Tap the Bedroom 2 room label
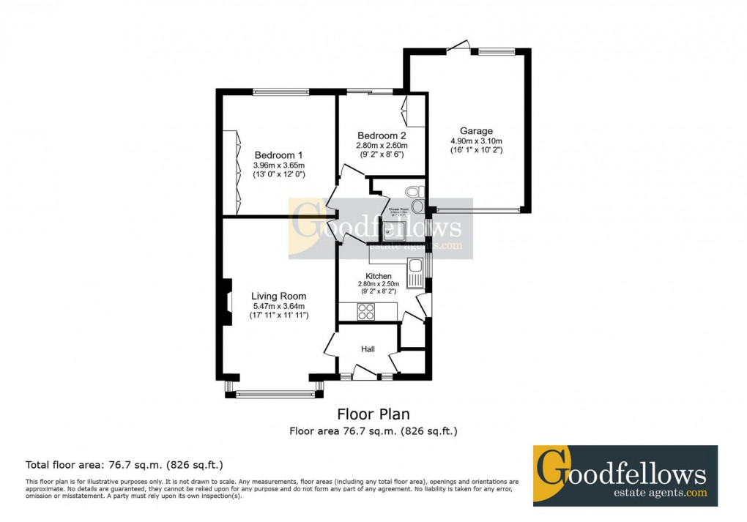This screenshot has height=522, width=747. (x=382, y=135)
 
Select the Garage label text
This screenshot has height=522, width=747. (x=476, y=131)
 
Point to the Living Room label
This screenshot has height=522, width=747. (x=278, y=297)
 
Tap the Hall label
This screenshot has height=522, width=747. (x=368, y=349)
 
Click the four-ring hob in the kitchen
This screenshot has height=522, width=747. (x=365, y=312)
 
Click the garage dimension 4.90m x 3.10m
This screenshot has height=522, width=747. (x=476, y=141)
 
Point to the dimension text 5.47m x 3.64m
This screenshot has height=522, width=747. (x=278, y=306)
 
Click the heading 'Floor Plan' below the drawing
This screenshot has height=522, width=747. (x=373, y=414)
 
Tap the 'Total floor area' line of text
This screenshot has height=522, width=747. (x=124, y=464)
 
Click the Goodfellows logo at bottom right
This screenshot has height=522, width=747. (x=625, y=475)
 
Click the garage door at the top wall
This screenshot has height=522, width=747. (x=458, y=48)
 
